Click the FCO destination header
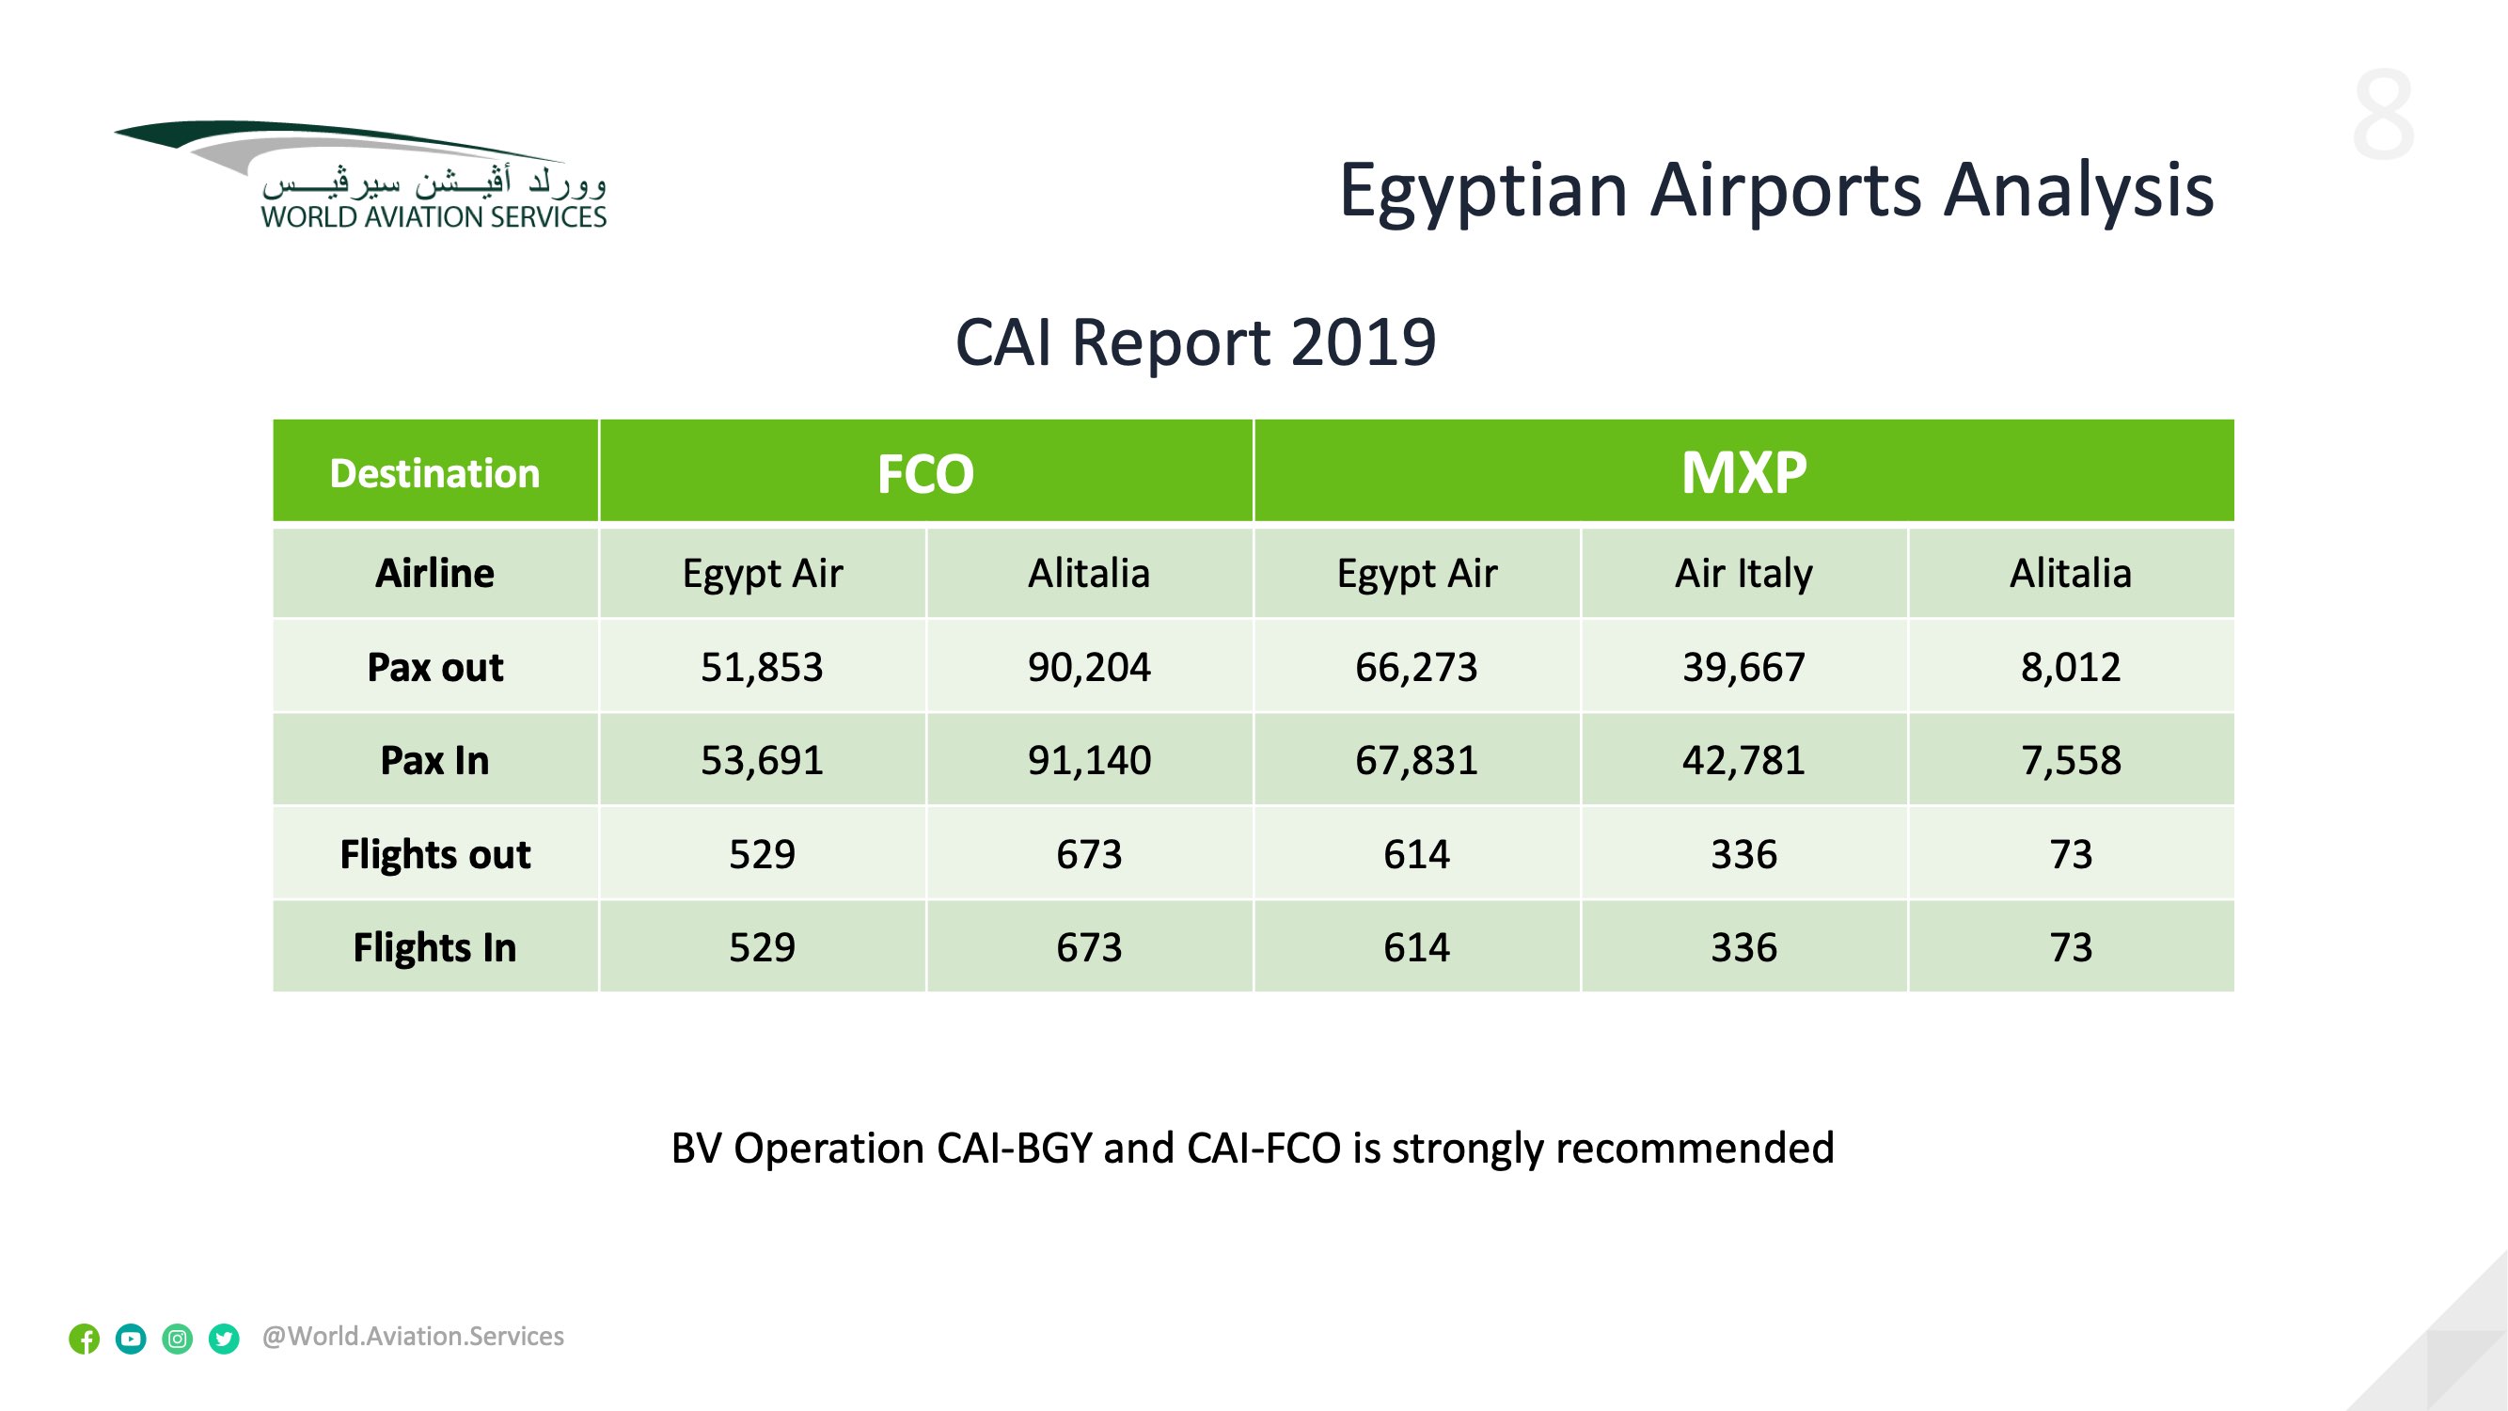point(925,473)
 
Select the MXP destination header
point(1743,473)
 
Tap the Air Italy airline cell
point(1743,574)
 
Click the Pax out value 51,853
point(762,667)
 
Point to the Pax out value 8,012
point(2070,667)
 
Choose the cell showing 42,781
point(1743,760)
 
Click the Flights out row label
point(435,854)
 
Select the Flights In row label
point(435,947)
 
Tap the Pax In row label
point(435,760)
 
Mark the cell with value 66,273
point(1415,667)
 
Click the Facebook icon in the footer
point(85,1339)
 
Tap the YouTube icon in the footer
point(131,1339)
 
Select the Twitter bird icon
point(224,1339)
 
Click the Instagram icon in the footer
point(177,1339)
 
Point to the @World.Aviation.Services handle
point(413,1336)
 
